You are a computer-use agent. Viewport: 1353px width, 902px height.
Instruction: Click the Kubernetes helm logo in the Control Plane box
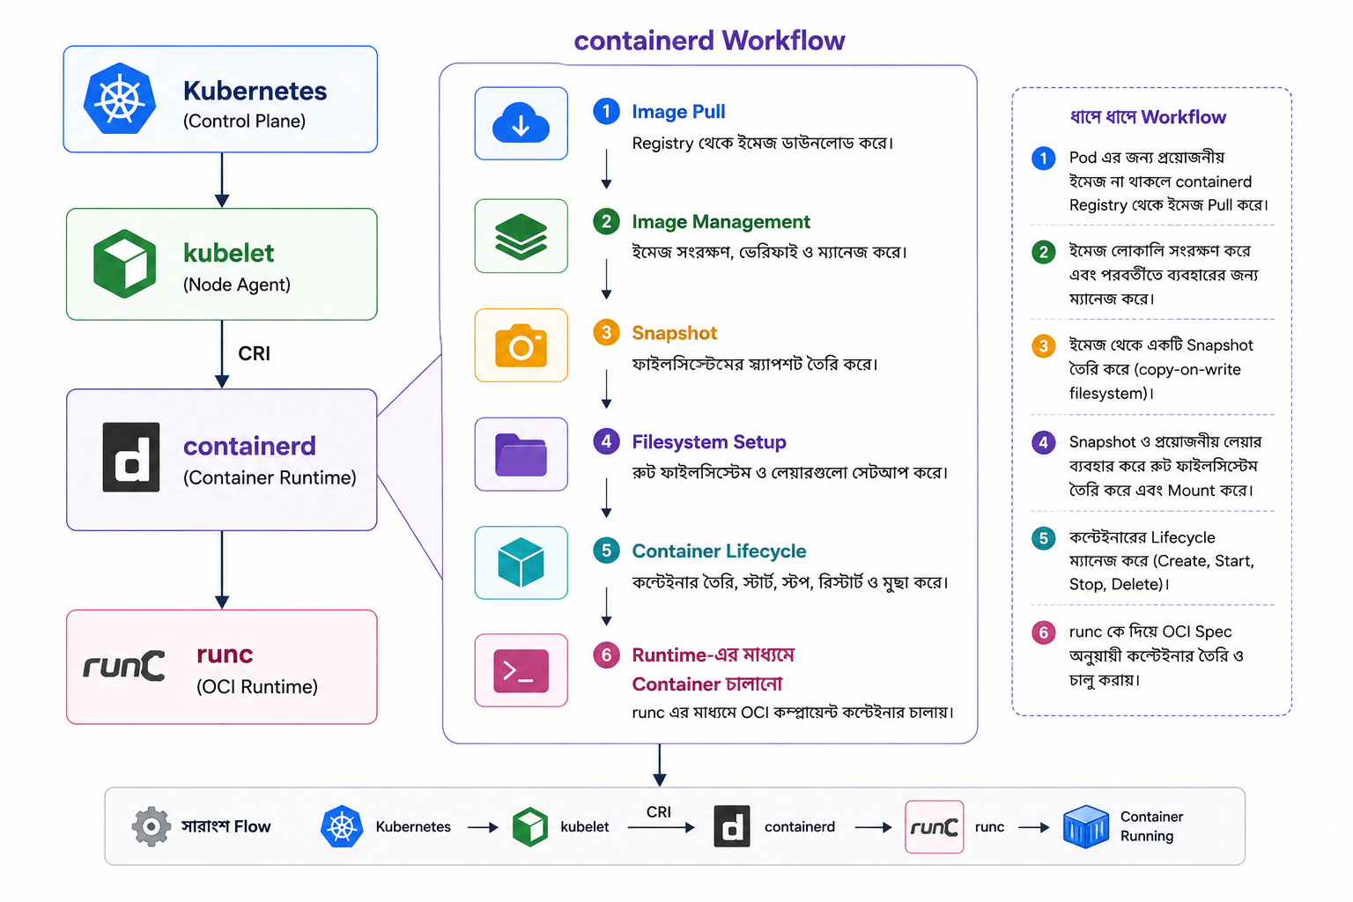click(120, 98)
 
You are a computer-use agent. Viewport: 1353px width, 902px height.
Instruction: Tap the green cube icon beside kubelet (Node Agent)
click(124, 263)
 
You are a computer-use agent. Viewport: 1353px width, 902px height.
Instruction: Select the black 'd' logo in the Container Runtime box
click(131, 457)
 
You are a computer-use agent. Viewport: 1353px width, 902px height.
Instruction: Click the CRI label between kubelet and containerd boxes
click(254, 353)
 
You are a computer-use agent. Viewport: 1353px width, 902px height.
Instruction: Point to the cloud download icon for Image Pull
click(521, 123)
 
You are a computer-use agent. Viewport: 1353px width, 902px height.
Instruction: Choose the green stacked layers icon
click(521, 236)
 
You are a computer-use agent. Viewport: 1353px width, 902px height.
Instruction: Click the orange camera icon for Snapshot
click(521, 345)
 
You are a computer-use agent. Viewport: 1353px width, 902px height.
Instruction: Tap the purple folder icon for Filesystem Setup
click(521, 455)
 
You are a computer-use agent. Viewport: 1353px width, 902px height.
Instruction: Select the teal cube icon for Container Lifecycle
click(521, 563)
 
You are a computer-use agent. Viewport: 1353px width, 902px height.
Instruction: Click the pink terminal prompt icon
click(521, 670)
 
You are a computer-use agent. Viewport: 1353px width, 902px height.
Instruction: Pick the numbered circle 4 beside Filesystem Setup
click(606, 441)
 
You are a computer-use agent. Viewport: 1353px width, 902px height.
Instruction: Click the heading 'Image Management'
click(721, 222)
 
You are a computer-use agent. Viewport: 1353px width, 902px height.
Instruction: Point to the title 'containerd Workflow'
click(709, 41)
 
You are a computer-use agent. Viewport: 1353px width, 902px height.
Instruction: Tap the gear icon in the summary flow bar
click(151, 826)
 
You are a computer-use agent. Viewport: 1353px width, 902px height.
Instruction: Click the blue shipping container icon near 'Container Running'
click(1085, 826)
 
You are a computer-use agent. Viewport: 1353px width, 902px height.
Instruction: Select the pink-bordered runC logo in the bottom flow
click(934, 826)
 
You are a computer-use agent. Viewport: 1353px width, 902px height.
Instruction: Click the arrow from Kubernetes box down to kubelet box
click(222, 180)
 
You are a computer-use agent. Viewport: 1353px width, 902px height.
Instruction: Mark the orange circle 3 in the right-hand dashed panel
click(1043, 346)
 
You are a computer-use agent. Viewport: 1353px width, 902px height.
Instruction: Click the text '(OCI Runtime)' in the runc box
click(256, 686)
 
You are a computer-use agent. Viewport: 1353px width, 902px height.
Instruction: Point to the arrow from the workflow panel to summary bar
click(660, 765)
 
